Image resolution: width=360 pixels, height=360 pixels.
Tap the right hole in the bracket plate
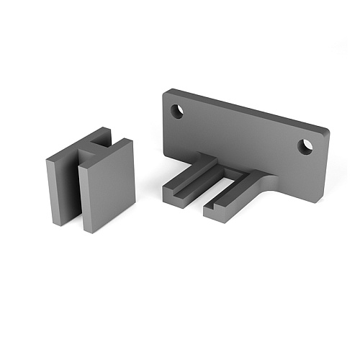pos(306,146)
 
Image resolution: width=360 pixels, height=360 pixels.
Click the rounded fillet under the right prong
pos(272,189)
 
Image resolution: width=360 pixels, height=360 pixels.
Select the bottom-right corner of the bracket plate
pos(317,202)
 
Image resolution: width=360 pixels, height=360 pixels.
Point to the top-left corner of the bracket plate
pos(166,92)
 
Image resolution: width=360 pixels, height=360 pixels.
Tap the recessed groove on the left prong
pos(189,179)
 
